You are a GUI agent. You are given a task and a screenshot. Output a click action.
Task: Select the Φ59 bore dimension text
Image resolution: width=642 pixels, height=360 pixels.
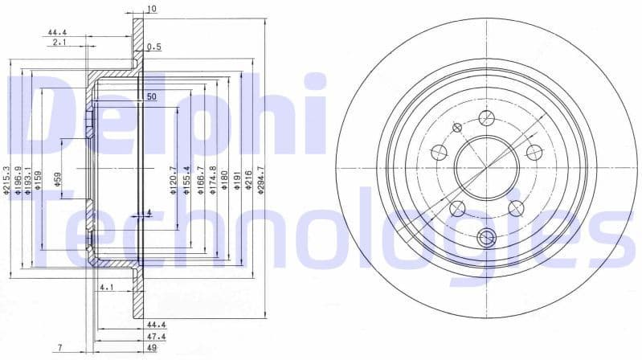[x=58, y=178]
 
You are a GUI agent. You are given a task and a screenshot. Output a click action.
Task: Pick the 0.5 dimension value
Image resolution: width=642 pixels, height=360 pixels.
[x=154, y=47]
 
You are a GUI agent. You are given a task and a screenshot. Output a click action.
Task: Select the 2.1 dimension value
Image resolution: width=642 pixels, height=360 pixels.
[x=59, y=41]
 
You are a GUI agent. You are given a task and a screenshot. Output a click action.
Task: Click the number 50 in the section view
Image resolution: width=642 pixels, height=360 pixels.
[x=150, y=96]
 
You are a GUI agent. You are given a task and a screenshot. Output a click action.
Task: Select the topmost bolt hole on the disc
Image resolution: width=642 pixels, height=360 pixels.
[x=485, y=118]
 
